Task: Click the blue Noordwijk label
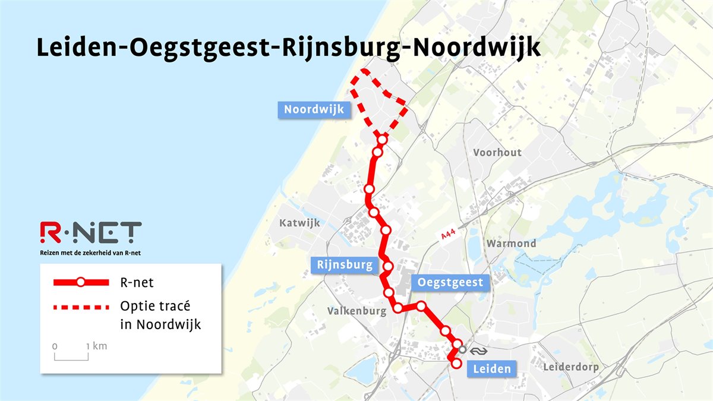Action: [x=314, y=110]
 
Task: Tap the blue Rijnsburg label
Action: [x=345, y=265]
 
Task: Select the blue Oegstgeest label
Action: [x=450, y=283]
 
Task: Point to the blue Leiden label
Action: [x=491, y=369]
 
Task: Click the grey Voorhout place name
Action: [x=497, y=153]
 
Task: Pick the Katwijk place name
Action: [x=299, y=223]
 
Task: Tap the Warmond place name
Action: [x=511, y=244]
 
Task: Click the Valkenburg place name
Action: [x=356, y=311]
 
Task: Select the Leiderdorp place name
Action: [x=571, y=367]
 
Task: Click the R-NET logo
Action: [x=90, y=233]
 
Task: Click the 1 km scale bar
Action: [x=71, y=355]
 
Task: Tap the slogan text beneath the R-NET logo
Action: [x=90, y=253]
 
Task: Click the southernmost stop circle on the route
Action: [x=456, y=364]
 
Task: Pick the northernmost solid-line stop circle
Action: [x=382, y=140]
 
